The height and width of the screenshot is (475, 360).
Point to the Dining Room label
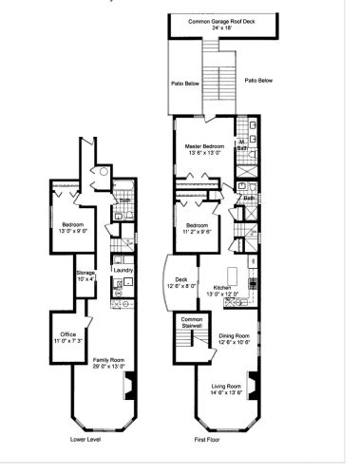pos(235,335)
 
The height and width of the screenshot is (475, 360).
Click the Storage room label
pos(85,273)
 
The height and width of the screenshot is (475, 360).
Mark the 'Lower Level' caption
pos(86,440)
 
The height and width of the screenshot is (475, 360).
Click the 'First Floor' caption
pos(207,440)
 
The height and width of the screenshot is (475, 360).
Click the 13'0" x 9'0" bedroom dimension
pos(74,230)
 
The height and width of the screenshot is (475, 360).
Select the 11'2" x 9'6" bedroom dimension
pos(196,230)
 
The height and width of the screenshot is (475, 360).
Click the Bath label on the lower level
pos(124,200)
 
